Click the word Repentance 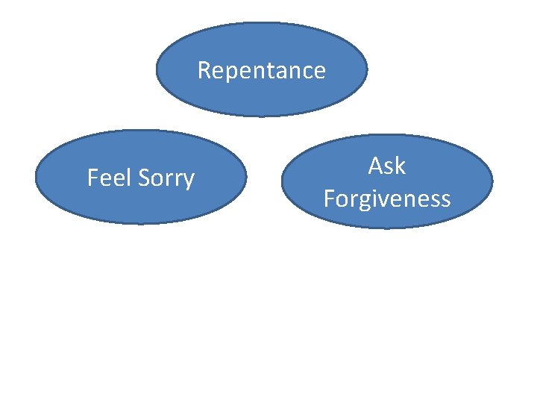(x=261, y=71)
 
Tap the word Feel (x=109, y=178)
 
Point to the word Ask (x=386, y=166)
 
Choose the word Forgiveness (x=386, y=199)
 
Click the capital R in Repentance (x=204, y=70)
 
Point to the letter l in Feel (x=128, y=178)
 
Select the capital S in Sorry (x=142, y=178)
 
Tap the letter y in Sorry (x=189, y=181)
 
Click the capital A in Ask (x=376, y=166)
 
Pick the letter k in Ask (x=400, y=165)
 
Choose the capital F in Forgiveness (x=329, y=198)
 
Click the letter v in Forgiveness (x=386, y=199)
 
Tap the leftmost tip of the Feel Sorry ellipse (x=36, y=178)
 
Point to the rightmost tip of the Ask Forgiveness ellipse (x=493, y=181)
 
